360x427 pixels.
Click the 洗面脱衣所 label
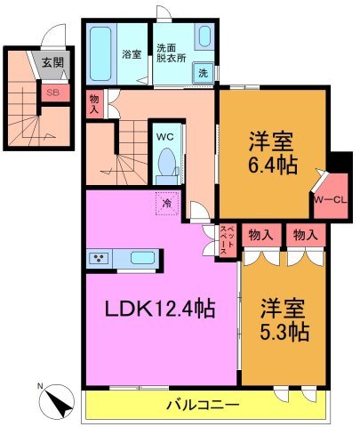[171, 52]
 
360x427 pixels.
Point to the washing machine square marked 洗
[204, 73]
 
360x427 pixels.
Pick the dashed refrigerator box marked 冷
[166, 203]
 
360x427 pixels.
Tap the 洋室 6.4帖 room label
[272, 152]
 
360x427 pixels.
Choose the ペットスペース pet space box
[227, 240]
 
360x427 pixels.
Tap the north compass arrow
[59, 401]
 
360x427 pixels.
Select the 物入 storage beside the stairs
[95, 103]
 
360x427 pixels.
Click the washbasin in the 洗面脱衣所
[204, 39]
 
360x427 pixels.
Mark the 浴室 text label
[132, 54]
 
